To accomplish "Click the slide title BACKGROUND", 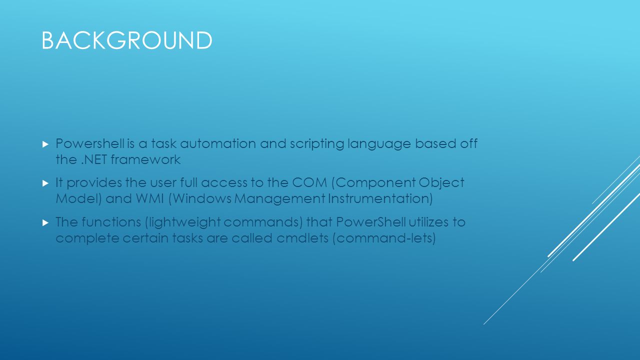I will click(126, 40).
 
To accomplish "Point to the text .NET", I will click(93, 160).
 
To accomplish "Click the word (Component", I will click(373, 182).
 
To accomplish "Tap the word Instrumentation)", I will click(380, 198).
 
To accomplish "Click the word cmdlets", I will click(302, 237).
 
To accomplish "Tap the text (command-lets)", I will click(384, 237).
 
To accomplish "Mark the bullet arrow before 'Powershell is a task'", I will click(45, 144).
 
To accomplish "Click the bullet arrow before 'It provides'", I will click(45, 183).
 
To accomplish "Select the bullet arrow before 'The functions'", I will click(45, 221).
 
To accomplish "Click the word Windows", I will click(202, 198).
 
